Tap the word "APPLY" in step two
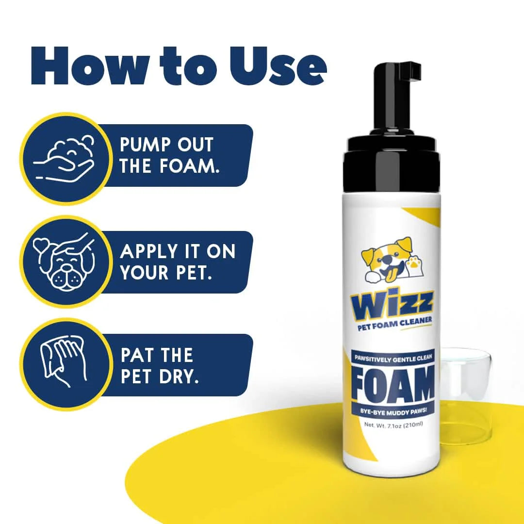pyautogui.click(x=149, y=251)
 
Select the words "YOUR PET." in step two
pyautogui.click(x=165, y=273)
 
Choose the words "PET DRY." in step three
pyautogui.click(x=160, y=377)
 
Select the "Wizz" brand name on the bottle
pyautogui.click(x=392, y=303)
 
